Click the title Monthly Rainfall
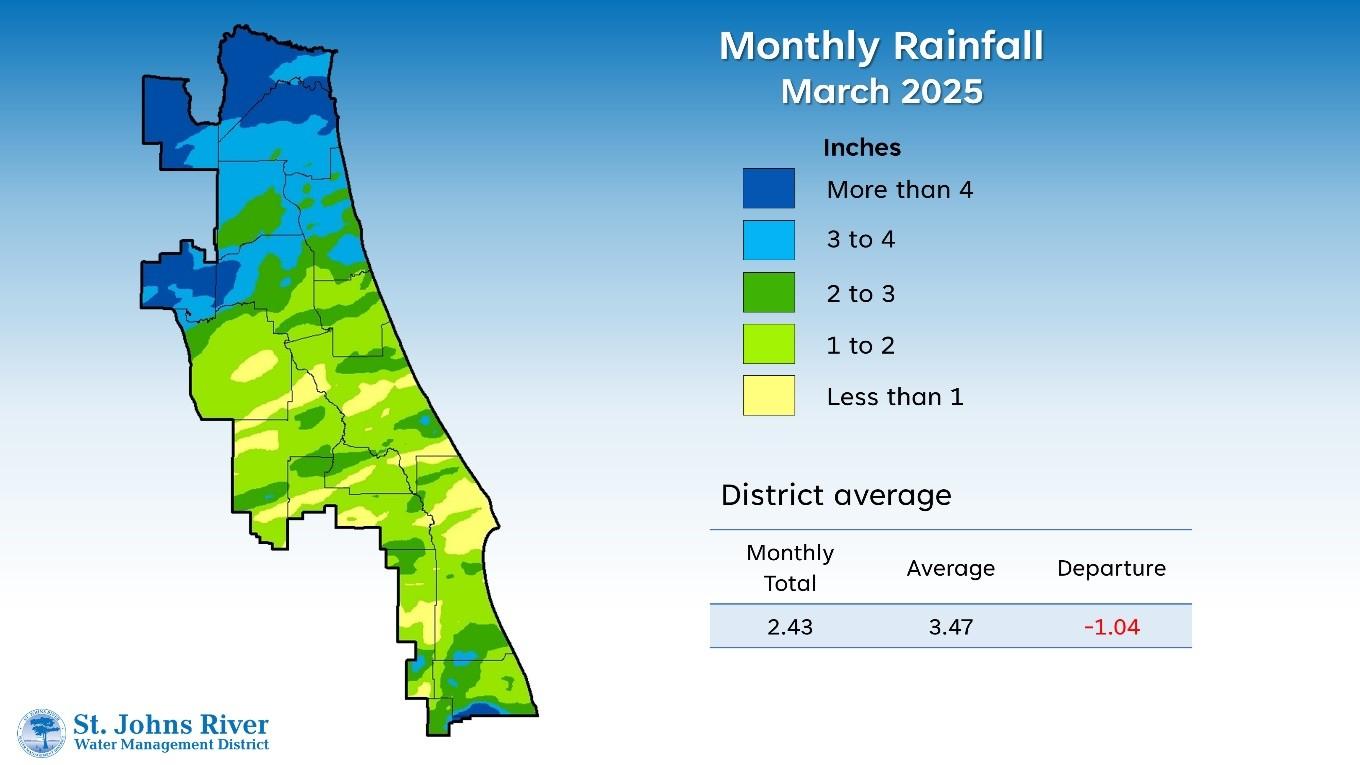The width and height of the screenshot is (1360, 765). pyautogui.click(x=881, y=46)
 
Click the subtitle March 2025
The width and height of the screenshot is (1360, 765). pyautogui.click(x=881, y=91)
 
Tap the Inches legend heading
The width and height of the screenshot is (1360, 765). pyautogui.click(x=861, y=148)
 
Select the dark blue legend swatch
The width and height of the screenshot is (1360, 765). pyautogui.click(x=768, y=188)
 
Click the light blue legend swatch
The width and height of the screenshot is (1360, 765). pyautogui.click(x=768, y=240)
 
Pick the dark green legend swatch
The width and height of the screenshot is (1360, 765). pyautogui.click(x=768, y=292)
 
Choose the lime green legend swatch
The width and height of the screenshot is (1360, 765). pyautogui.click(x=768, y=344)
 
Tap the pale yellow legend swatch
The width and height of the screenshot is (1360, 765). pyautogui.click(x=768, y=395)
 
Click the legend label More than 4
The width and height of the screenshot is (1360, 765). pyautogui.click(x=899, y=189)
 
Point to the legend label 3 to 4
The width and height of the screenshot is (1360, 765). pyautogui.click(x=860, y=240)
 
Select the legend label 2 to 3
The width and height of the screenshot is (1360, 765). pyautogui.click(x=860, y=293)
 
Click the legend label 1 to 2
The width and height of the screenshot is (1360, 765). pyautogui.click(x=860, y=346)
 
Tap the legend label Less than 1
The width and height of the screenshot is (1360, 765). pyautogui.click(x=894, y=397)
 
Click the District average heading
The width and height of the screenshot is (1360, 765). pyautogui.click(x=836, y=495)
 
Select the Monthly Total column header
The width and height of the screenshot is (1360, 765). pyautogui.click(x=790, y=568)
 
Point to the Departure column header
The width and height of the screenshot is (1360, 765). pyautogui.click(x=1111, y=568)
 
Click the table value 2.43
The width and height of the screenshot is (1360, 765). pyautogui.click(x=790, y=627)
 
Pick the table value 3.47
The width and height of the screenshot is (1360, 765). pyautogui.click(x=950, y=627)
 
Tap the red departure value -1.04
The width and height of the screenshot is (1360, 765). pyautogui.click(x=1111, y=627)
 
